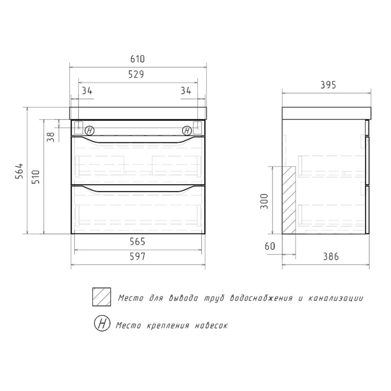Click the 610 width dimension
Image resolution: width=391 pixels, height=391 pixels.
tap(137, 59)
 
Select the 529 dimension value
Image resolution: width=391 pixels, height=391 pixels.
tap(136, 74)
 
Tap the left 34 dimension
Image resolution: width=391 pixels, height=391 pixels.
tap(87, 91)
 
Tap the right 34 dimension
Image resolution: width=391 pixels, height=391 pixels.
tap(186, 91)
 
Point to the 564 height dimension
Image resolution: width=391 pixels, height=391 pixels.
tap(20, 171)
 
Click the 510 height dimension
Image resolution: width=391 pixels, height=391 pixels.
tap(36, 177)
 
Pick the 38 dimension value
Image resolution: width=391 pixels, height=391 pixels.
tap(50, 137)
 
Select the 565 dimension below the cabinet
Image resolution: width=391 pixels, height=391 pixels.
tap(137, 241)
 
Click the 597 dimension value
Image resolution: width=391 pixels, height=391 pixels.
tap(137, 256)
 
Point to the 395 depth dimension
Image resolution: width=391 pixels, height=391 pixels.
tap(328, 85)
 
